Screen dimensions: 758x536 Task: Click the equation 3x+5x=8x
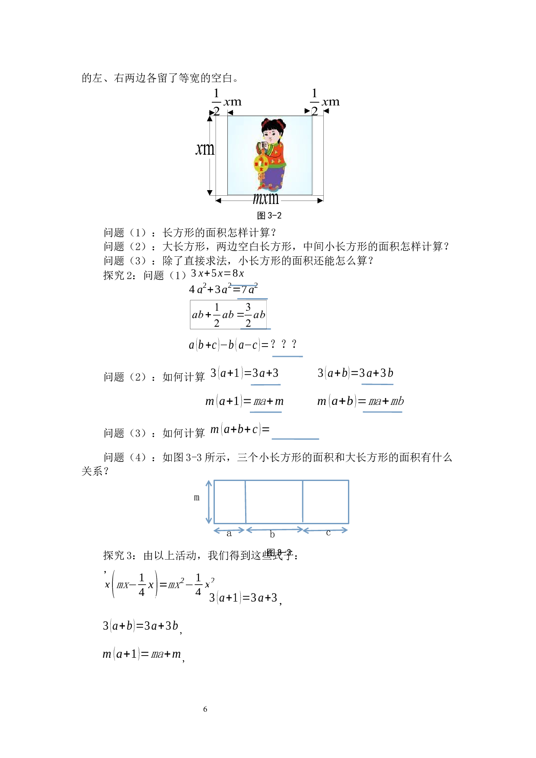click(218, 273)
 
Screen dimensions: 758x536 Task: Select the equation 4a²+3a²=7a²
click(223, 289)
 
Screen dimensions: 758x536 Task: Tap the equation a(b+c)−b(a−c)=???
click(245, 345)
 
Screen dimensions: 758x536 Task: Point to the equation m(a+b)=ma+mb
click(360, 401)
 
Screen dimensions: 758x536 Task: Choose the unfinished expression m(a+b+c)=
click(240, 429)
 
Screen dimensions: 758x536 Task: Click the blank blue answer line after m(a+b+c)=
click(295, 438)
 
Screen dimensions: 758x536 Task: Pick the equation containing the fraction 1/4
click(159, 585)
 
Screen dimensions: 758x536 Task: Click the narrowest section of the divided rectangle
click(230, 502)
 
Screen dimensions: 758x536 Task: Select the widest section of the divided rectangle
click(274, 502)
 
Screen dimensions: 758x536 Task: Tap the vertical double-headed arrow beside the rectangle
click(209, 502)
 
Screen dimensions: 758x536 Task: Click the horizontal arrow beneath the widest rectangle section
click(274, 530)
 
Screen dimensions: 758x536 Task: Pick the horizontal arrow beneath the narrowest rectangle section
click(230, 530)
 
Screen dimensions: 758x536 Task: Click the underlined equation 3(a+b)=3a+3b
click(355, 373)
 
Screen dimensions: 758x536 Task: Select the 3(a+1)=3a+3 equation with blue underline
click(245, 373)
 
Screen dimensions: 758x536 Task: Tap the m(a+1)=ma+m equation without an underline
click(142, 654)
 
